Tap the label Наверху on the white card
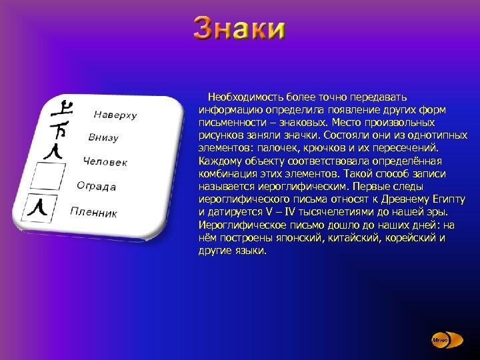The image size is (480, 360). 115,115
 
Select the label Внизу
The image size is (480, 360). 103,137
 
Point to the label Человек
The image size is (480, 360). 105,162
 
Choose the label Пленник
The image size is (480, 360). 94,213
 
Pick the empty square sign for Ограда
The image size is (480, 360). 49,177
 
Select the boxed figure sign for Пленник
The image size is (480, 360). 41,208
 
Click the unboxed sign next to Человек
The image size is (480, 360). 56,151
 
